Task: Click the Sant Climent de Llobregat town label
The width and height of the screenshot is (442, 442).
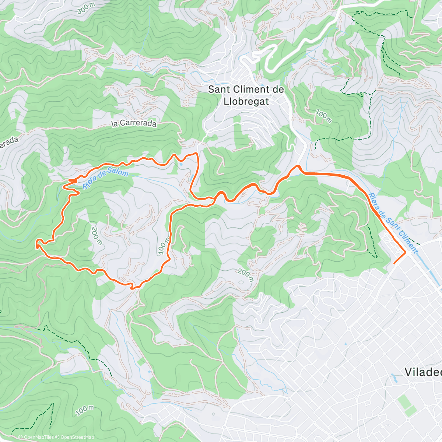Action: (x=246, y=95)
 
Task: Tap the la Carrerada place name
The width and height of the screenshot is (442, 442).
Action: (x=134, y=124)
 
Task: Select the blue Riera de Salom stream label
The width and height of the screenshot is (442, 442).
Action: (x=105, y=178)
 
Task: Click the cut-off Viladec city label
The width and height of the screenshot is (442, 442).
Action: (x=423, y=372)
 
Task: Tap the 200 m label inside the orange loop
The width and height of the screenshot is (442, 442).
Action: (x=97, y=236)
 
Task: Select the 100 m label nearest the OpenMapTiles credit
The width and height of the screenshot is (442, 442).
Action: (x=85, y=410)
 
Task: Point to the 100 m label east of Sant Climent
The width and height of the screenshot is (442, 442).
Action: (x=323, y=116)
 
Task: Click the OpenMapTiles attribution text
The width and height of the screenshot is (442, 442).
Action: (x=36, y=437)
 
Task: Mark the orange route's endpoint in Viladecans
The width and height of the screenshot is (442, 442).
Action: (x=394, y=263)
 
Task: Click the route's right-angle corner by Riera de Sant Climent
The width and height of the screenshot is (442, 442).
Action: (x=406, y=253)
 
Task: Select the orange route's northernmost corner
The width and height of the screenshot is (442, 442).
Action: (x=196, y=153)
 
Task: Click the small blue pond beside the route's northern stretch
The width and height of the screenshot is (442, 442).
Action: (x=181, y=165)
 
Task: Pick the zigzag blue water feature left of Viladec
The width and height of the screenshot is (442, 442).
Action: (x=394, y=377)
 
